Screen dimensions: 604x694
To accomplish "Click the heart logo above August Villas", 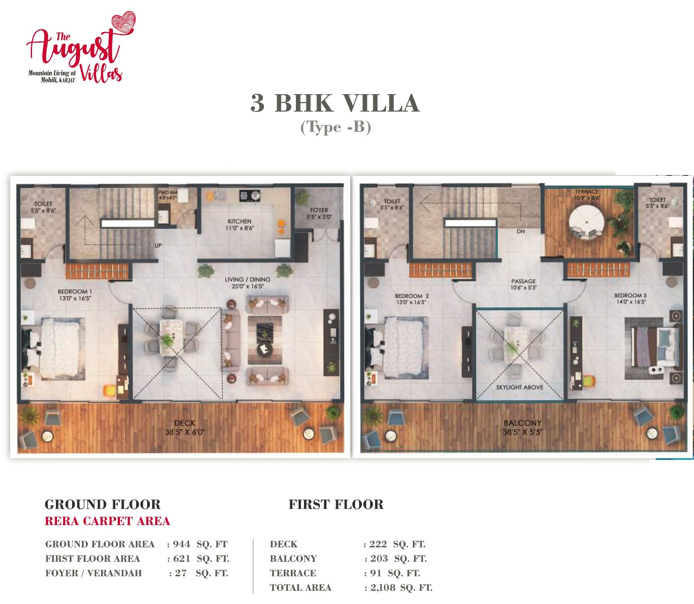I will [123, 23].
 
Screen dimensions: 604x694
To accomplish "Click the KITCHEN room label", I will [240, 224].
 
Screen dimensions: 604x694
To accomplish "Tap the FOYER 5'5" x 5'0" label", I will [319, 213].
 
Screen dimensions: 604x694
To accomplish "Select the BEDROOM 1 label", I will [75, 295].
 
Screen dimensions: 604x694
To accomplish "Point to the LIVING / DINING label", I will [247, 282].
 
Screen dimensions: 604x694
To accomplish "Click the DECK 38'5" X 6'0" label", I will [185, 427].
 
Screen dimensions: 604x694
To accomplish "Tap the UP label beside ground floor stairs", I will [158, 245].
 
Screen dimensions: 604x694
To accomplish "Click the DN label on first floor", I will [521, 231].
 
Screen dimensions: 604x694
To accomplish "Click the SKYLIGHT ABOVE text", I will [520, 387].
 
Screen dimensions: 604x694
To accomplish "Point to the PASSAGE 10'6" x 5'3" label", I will [523, 284].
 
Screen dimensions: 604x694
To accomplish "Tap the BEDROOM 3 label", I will [630, 298].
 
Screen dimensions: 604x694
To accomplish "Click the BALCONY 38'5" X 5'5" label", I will [522, 427].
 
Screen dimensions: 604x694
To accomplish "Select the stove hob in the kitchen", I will [250, 195].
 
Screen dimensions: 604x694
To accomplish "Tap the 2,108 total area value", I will [383, 587].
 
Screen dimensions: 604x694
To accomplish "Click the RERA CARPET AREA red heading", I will [107, 521].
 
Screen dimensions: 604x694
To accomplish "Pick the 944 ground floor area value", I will [182, 544].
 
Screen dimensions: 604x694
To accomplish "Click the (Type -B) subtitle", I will [335, 127].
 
